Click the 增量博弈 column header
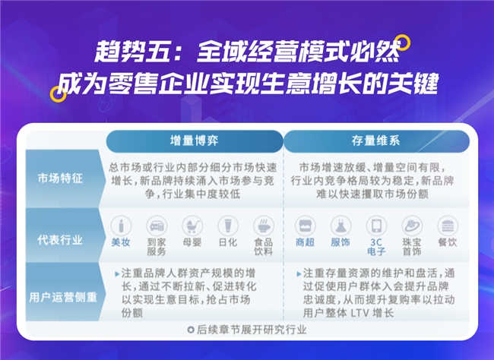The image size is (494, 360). coord(195,141)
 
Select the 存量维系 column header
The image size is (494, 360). coord(376,141)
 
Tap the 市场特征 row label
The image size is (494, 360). coord(60,178)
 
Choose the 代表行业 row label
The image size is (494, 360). coord(60,240)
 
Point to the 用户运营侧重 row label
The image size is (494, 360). coord(63,297)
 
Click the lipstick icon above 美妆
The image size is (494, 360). coord(121,226)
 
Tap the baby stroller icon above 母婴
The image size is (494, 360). coord(192,226)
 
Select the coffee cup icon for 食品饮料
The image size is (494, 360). coord(264,226)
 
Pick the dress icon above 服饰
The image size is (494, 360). coord(340,226)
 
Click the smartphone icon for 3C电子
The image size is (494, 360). coord(376,226)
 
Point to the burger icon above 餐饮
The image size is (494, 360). coord(448,226)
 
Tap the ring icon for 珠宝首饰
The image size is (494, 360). coord(412,226)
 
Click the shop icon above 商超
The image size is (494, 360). coord(305,226)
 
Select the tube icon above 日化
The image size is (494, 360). coord(228,226)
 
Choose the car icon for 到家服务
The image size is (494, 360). coord(157,226)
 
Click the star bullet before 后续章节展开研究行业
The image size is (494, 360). coord(191,330)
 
